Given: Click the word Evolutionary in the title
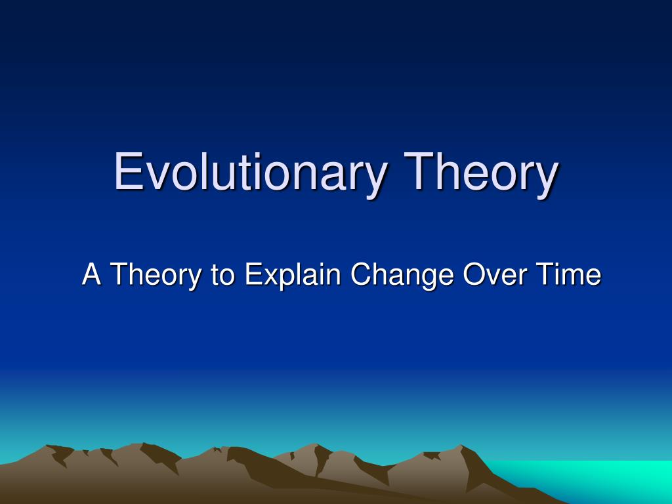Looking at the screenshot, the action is point(250,173).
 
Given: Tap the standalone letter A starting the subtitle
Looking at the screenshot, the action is point(91,274).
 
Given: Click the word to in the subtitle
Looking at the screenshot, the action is point(222,275).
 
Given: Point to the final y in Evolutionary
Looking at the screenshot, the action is point(375,180).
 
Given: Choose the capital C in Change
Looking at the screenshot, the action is point(360,274).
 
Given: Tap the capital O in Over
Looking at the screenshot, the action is point(474,274).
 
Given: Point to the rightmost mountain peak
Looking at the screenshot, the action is point(461,446).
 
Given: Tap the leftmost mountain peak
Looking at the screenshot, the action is point(47,446).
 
